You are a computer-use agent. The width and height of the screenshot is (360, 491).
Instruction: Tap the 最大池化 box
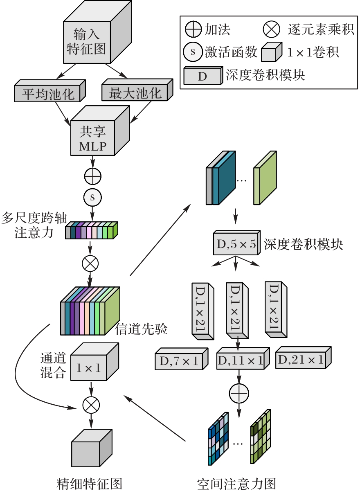pos(135,93)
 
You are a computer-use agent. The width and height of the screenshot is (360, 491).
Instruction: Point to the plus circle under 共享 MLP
pos(92,176)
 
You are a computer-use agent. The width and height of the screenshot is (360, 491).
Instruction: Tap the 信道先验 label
pos(142,330)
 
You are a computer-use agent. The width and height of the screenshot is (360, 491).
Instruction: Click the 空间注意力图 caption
pos(236,483)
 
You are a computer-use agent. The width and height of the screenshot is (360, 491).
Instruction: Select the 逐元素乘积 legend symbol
pos(272,29)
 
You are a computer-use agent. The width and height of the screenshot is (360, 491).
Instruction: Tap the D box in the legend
pos(202,77)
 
